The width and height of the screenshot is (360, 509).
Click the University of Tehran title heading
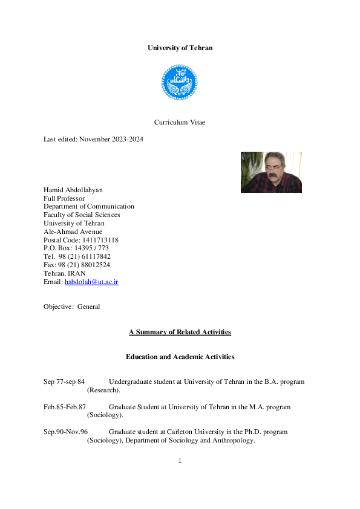coord(180,48)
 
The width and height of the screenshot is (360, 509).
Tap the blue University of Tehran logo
coord(180,82)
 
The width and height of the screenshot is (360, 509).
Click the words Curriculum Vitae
coord(180,122)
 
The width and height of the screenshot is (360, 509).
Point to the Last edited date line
coord(93,139)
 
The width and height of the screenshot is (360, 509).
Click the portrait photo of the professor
coord(271,172)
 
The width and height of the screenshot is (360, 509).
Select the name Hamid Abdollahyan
coord(73,190)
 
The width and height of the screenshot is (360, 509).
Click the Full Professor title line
coord(64,198)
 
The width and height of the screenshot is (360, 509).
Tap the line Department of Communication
coord(89,206)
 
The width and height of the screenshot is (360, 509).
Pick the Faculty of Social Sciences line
coord(82,215)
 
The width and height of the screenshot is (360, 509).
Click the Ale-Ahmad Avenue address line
coord(73,232)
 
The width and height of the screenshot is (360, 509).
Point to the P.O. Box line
coord(76,248)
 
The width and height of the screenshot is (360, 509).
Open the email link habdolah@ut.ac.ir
coord(91,282)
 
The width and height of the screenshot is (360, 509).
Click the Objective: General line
coord(72,306)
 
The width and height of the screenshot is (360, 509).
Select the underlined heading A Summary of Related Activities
coord(180,332)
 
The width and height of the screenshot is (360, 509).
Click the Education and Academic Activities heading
coord(180,357)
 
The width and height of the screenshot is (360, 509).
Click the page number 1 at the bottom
coord(180,461)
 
